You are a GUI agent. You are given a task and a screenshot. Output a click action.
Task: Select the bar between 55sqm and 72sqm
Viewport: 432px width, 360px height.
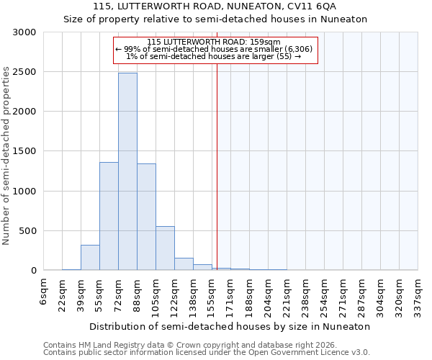point(109,216)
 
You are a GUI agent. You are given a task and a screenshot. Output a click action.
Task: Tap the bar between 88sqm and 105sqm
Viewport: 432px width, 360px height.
point(146,217)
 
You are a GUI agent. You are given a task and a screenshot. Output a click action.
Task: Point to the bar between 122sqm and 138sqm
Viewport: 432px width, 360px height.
point(184,264)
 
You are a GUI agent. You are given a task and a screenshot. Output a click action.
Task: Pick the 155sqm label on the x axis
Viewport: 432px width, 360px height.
point(212,294)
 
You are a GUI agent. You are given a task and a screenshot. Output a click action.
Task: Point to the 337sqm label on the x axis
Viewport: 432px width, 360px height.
point(418,294)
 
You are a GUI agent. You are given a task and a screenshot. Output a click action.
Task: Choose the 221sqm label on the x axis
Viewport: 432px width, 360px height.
point(287,294)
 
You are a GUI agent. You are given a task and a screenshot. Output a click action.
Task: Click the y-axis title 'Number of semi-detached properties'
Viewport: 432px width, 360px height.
point(7,156)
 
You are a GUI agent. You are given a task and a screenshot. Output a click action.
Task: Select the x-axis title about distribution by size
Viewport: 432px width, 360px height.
point(230,326)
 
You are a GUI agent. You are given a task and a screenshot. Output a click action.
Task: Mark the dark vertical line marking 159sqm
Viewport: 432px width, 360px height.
point(217,180)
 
